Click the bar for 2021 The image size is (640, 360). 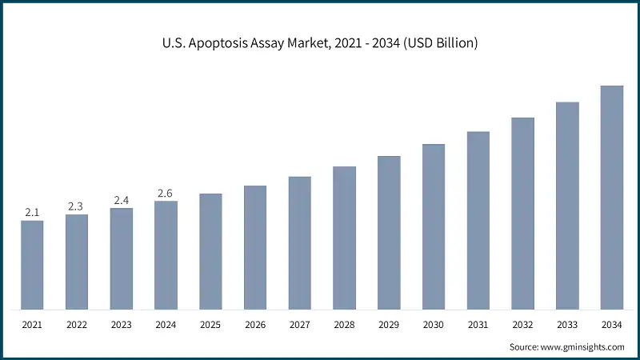pyautogui.click(x=32, y=265)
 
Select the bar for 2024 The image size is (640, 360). pyautogui.click(x=166, y=255)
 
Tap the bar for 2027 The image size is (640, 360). pyautogui.click(x=300, y=243)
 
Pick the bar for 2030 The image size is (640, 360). pyautogui.click(x=434, y=227)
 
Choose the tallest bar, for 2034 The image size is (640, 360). pyautogui.click(x=612, y=198)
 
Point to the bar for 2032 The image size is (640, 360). pyautogui.click(x=522, y=214)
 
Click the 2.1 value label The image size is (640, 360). pyautogui.click(x=32, y=212)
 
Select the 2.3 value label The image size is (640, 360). pyautogui.click(x=76, y=206)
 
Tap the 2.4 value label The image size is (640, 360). pyautogui.click(x=121, y=200)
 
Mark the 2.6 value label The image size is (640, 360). pyautogui.click(x=166, y=193)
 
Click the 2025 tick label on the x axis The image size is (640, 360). pyautogui.click(x=210, y=326)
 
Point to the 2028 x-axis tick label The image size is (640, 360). pyautogui.click(x=344, y=326)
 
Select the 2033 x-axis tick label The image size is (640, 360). pyautogui.click(x=567, y=326)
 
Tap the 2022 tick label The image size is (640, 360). pyautogui.click(x=76, y=326)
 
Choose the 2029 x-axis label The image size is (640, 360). pyautogui.click(x=389, y=326)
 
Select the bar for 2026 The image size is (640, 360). pyautogui.click(x=255, y=248)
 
